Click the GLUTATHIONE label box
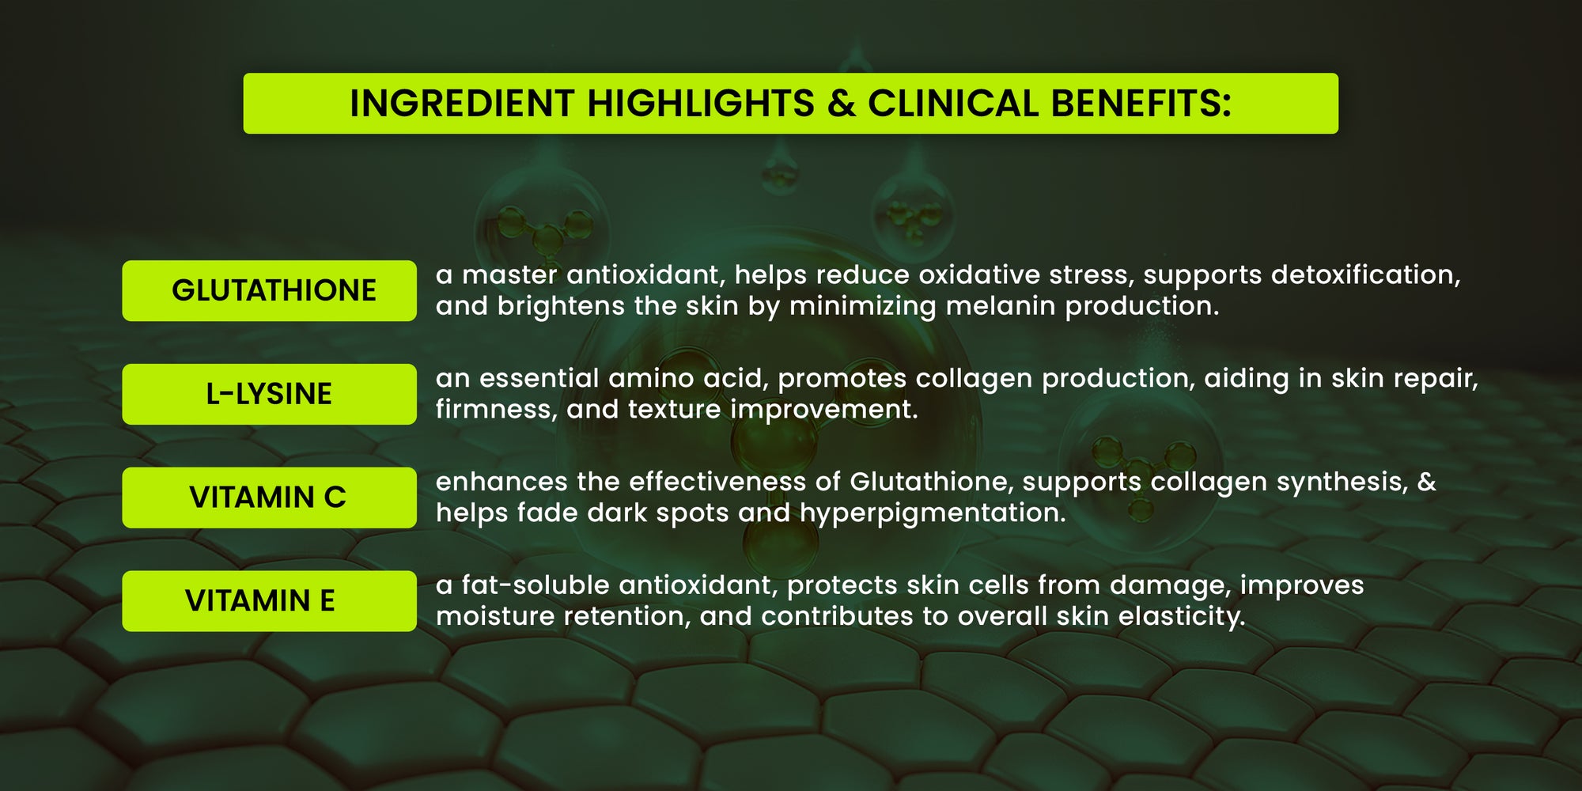coord(269,290)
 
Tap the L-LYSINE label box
coord(269,394)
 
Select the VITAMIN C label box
coord(269,498)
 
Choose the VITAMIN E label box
coord(269,601)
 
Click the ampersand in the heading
coord(842,104)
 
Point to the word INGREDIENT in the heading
coord(462,104)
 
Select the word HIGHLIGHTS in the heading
coord(701,104)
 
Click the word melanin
coord(1001,306)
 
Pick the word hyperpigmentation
coord(933,514)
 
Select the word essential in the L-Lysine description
coord(539,378)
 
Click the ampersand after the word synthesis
coord(1427,482)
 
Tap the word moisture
coord(496,617)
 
